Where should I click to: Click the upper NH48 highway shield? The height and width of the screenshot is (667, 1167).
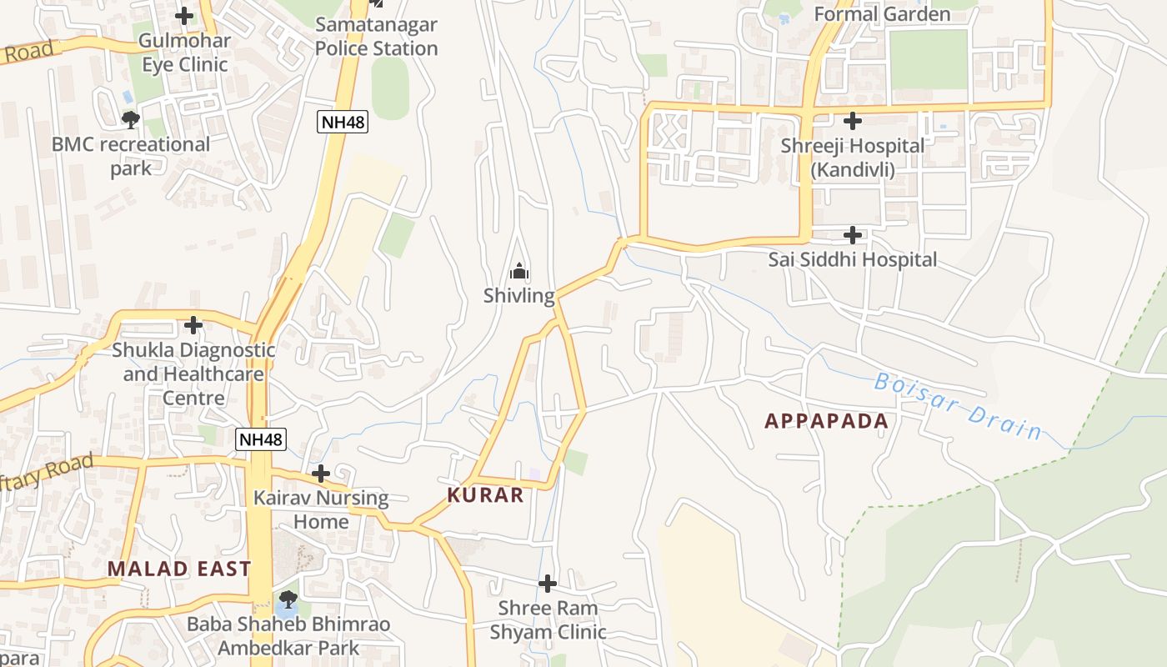tap(343, 123)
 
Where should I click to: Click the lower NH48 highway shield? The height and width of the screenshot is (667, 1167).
tap(260, 439)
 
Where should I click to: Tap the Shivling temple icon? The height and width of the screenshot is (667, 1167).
tap(519, 272)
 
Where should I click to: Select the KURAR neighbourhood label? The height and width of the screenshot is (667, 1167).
tap(485, 495)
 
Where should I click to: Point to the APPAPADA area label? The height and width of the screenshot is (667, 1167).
tap(826, 421)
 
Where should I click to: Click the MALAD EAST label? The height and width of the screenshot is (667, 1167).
tap(178, 569)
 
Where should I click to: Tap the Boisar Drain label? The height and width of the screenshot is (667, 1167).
tap(958, 407)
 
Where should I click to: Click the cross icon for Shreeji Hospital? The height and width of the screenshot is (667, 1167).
tap(852, 121)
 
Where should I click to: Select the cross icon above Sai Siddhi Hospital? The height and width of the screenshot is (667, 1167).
tap(852, 235)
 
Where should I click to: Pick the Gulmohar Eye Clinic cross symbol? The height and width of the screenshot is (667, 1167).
tap(184, 15)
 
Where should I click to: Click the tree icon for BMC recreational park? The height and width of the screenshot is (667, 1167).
tap(130, 120)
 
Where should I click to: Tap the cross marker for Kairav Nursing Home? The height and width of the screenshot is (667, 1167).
tap(321, 474)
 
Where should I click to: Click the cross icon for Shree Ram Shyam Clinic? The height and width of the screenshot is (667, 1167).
tap(548, 583)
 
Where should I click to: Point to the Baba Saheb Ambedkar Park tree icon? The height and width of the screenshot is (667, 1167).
tap(288, 599)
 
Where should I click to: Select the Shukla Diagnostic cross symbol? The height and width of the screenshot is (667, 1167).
tap(193, 324)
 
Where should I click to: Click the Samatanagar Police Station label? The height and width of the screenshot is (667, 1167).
tap(376, 37)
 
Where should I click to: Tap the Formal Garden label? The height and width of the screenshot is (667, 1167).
tap(881, 14)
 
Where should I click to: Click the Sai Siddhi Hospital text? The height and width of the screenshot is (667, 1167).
tap(852, 260)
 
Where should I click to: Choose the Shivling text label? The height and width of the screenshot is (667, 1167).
tap(519, 296)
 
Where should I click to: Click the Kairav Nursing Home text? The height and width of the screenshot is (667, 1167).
tap(321, 510)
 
